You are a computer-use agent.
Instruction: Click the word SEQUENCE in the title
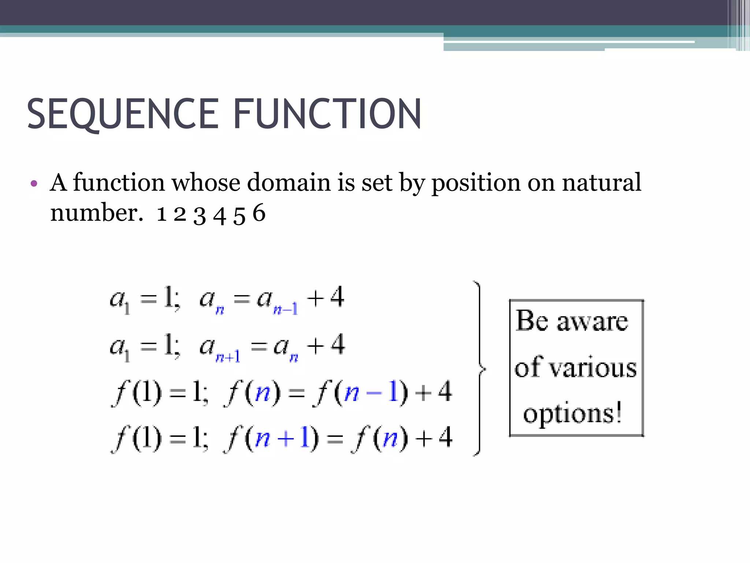[x=123, y=114]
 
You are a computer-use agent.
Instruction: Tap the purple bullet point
[x=34, y=184]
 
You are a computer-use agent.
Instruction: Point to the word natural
[x=601, y=182]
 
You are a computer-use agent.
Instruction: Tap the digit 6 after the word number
[x=259, y=213]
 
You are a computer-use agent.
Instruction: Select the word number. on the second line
[x=96, y=213]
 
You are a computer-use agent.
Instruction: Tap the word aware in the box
[x=592, y=322]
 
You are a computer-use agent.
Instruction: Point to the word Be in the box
[x=532, y=320]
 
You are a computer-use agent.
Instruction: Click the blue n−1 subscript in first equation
[x=285, y=310]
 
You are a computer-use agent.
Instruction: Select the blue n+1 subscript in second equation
[x=228, y=357]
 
